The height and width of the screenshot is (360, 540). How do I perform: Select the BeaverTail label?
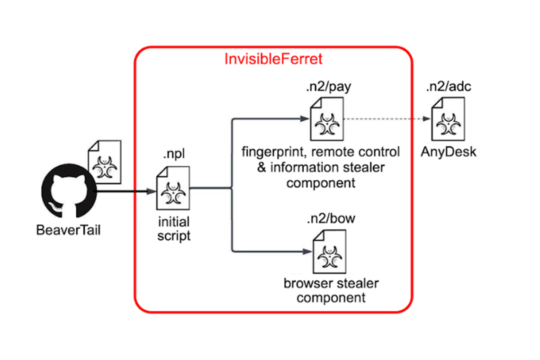(x=69, y=231)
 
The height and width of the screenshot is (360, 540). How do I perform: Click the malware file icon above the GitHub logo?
(x=105, y=162)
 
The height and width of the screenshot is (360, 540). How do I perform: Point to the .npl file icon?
(x=173, y=188)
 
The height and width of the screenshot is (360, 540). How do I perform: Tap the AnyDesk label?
(x=449, y=153)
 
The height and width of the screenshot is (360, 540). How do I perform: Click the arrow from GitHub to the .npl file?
(x=126, y=191)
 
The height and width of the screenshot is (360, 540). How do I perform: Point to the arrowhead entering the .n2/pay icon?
(x=303, y=119)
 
